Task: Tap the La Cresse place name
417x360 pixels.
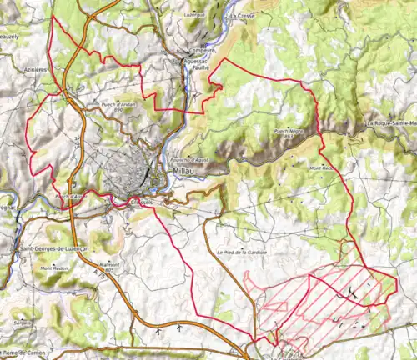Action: [x=244, y=16]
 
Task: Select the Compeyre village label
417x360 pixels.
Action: [x=203, y=50]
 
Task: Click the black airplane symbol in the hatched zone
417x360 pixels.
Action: [x=355, y=292]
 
